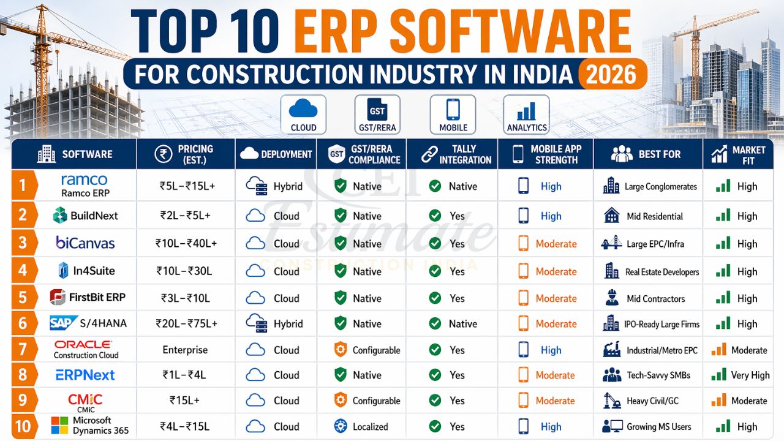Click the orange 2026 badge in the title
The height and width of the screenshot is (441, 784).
[611, 74]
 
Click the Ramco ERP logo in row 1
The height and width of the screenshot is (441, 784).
[85, 185]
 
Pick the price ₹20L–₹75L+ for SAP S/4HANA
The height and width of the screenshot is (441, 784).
[186, 324]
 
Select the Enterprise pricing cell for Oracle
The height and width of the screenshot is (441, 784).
[185, 350]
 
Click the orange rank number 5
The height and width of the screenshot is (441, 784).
[23, 298]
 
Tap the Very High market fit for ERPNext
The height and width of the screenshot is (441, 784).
[750, 375]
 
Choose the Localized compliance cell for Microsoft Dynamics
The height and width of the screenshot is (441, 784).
[370, 427]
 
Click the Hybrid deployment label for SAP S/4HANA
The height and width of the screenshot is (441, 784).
[288, 324]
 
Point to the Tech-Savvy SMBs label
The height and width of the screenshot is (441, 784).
[658, 375]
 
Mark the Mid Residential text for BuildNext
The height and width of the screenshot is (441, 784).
[655, 216]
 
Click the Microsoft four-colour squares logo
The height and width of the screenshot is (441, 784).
[59, 426]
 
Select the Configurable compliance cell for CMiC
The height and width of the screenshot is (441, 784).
[376, 401]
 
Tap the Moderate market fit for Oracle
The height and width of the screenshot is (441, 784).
[748, 350]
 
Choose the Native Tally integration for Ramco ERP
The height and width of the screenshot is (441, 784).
[462, 186]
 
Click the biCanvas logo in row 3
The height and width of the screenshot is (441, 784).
[85, 243]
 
